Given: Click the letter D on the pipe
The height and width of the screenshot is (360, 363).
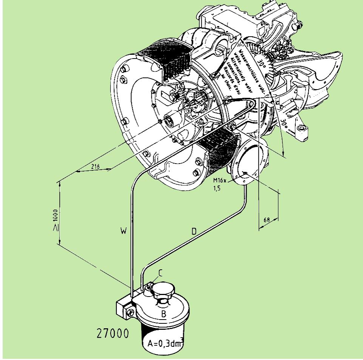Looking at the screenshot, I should (x=193, y=232).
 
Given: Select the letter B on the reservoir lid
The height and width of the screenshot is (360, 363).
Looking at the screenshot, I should (x=164, y=314).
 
